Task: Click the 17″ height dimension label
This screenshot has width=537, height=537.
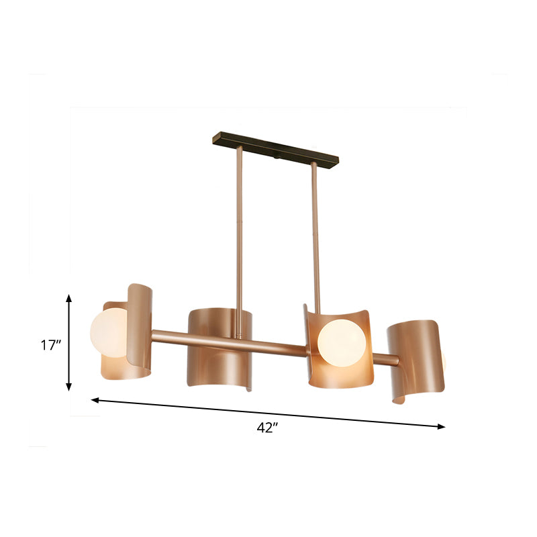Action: coord(50,346)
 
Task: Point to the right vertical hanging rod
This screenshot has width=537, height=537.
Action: coord(314,235)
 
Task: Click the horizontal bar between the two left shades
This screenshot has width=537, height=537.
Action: coord(169,334)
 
